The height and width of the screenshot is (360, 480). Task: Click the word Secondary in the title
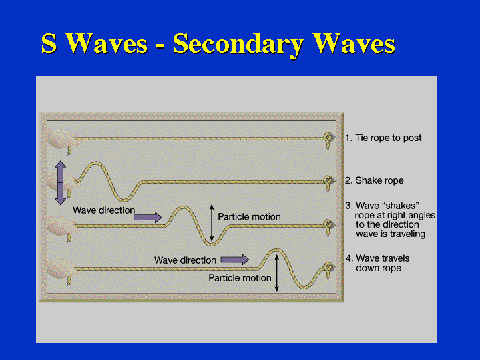[238, 44]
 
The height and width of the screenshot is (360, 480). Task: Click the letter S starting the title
[49, 43]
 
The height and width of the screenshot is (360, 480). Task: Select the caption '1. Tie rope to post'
[383, 138]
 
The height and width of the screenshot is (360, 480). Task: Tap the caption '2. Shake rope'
[375, 180]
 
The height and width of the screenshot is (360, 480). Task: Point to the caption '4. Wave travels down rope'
[378, 263]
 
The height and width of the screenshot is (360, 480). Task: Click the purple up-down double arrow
[60, 182]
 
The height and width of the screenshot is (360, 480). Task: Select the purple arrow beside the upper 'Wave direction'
[148, 217]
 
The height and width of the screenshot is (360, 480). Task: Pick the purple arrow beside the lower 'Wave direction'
[234, 260]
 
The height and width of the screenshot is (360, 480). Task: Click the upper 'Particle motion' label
[249, 217]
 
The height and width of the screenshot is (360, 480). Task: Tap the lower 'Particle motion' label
[240, 278]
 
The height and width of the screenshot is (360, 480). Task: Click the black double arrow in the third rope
[212, 222]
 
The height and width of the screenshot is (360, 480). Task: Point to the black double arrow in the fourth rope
[277, 273]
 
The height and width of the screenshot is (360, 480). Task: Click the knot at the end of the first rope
[328, 139]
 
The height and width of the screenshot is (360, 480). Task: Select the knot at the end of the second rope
[328, 182]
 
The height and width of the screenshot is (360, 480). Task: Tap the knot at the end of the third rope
[328, 226]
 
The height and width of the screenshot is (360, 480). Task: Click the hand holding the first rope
[62, 138]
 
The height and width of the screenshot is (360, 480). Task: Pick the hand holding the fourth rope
[62, 268]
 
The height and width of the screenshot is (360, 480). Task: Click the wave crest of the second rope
[96, 163]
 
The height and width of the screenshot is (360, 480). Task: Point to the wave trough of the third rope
[211, 244]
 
